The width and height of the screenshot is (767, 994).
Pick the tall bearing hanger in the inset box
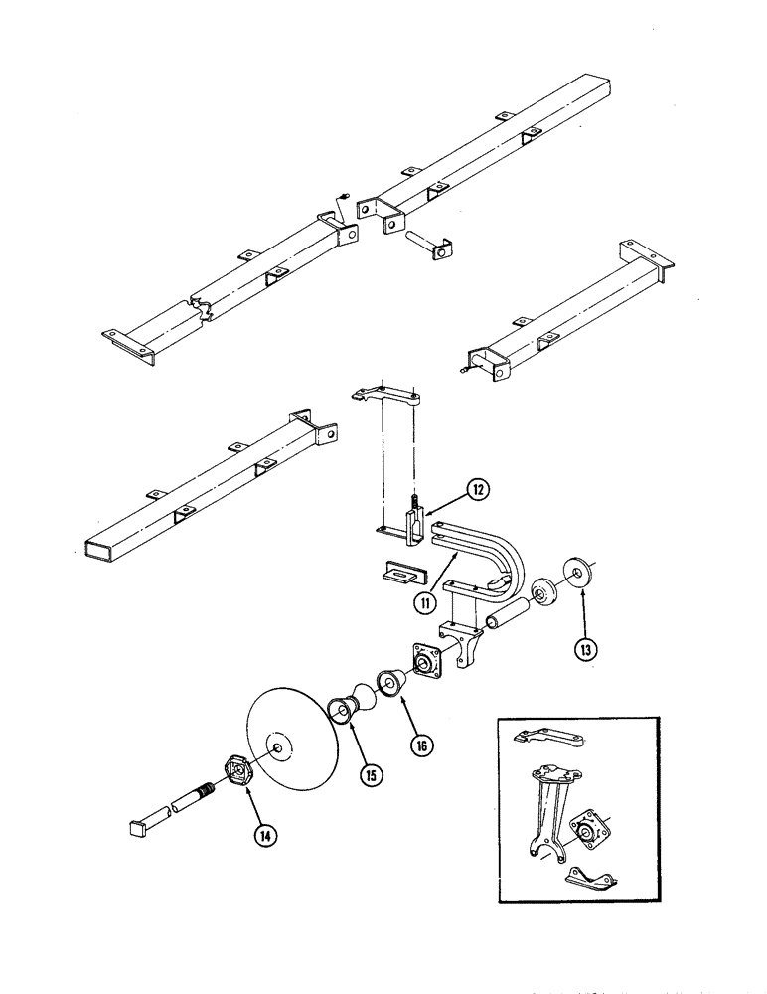[549, 805]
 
